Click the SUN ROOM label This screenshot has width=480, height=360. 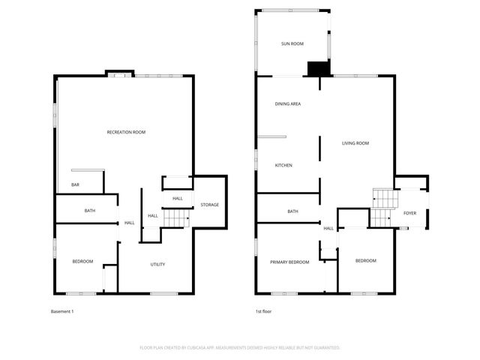tap(292, 44)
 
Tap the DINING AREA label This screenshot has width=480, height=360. tap(287, 103)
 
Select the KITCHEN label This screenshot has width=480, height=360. tap(283, 165)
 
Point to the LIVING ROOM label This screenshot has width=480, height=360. tap(355, 142)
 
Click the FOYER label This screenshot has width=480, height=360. tap(409, 213)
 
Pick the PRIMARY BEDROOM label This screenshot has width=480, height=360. tap(289, 261)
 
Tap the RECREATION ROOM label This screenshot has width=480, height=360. tap(126, 132)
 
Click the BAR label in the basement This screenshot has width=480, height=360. tap(75, 184)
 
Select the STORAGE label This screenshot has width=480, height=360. tap(209, 205)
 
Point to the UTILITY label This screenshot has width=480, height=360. tap(157, 264)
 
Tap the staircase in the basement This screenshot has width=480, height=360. tap(175, 217)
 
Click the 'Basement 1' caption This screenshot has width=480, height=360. tap(62, 311)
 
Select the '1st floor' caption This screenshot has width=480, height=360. tap(263, 311)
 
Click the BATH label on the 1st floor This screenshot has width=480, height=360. tap(292, 211)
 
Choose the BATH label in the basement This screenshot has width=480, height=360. tap(90, 211)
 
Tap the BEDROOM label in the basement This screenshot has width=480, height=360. tap(82, 261)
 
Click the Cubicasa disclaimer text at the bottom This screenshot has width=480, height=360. tap(240, 348)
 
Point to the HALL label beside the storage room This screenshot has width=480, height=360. tap(178, 198)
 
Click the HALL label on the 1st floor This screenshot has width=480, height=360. tap(328, 228)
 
